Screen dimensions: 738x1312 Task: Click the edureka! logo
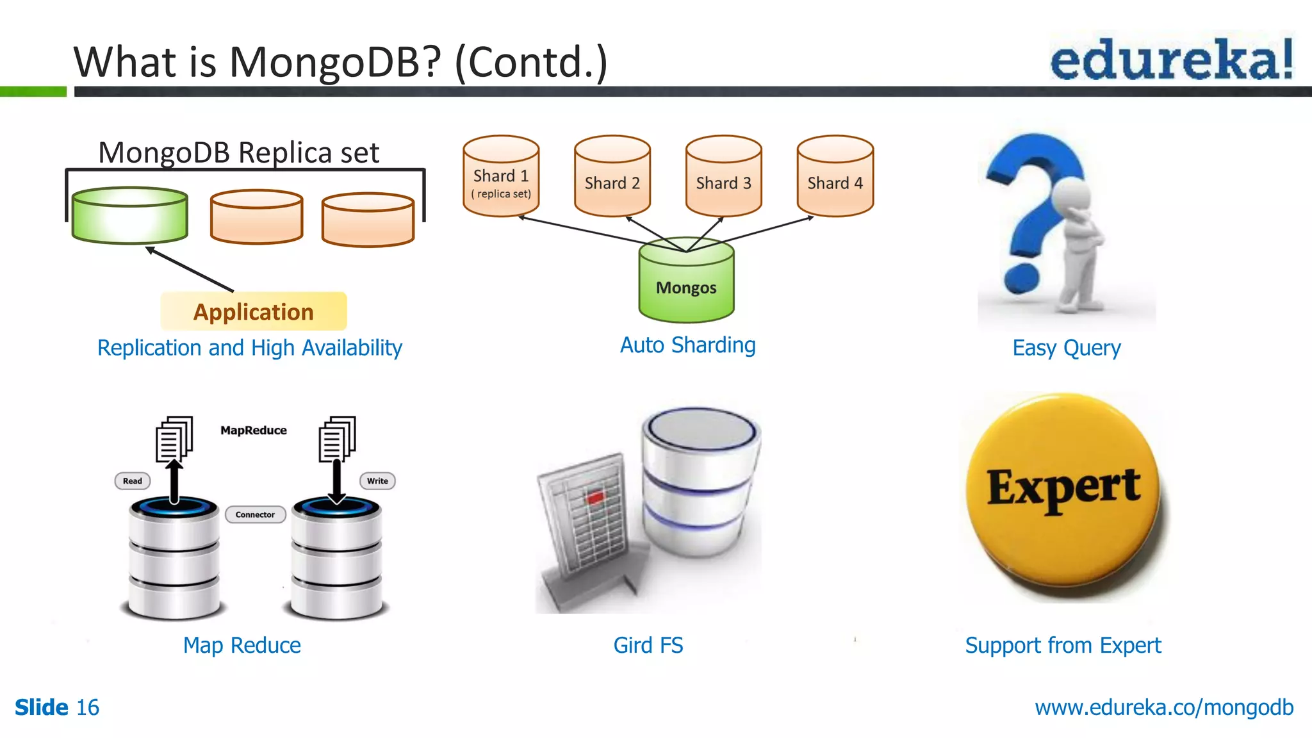click(x=1171, y=59)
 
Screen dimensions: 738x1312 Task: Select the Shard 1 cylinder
click(x=501, y=178)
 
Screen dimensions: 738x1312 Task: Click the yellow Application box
click(x=254, y=311)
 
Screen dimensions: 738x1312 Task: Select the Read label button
click(x=133, y=481)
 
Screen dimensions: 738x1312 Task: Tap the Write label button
click(x=377, y=481)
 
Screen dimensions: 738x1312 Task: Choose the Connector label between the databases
click(x=255, y=514)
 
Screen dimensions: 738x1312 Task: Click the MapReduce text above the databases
click(x=254, y=430)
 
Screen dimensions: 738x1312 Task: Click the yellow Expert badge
click(x=1063, y=491)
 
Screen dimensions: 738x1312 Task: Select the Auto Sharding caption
click(x=687, y=345)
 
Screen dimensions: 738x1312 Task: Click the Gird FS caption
click(x=648, y=645)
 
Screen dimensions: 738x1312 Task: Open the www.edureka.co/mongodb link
click(x=1164, y=707)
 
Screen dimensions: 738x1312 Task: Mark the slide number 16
click(x=88, y=707)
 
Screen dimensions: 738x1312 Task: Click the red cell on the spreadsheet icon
click(x=595, y=497)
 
